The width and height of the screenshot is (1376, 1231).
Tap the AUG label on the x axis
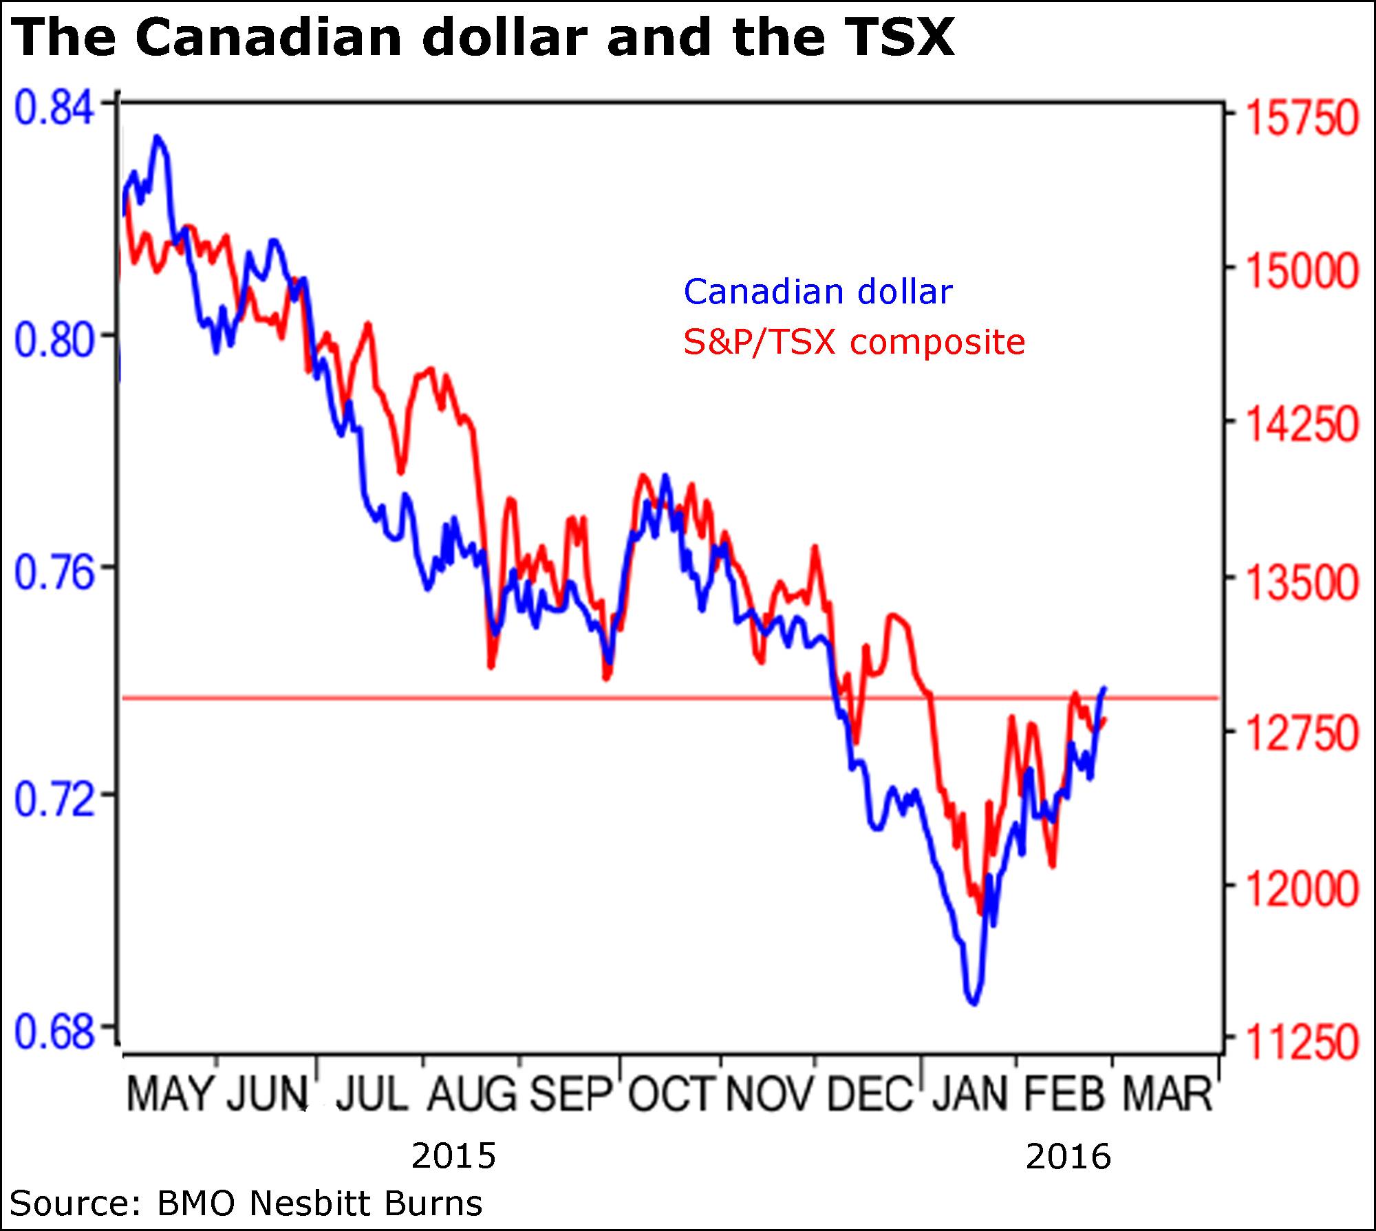[471, 1093]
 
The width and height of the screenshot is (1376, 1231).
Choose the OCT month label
[673, 1093]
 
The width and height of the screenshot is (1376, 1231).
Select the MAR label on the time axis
[1167, 1093]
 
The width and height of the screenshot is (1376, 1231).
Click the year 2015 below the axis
[453, 1156]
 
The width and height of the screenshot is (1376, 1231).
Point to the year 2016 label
[1068, 1156]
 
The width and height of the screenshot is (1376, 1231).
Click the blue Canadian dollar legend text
[817, 292]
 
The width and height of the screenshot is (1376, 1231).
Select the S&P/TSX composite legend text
[854, 342]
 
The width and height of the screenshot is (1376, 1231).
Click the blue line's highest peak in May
[158, 137]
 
